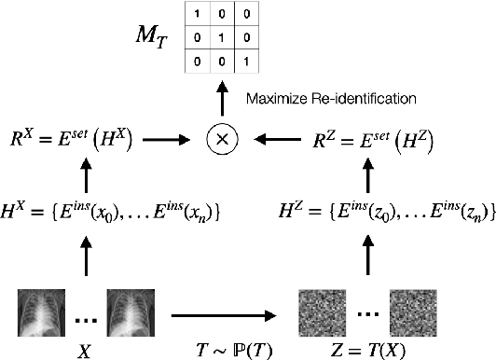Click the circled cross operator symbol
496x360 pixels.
point(223,140)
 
